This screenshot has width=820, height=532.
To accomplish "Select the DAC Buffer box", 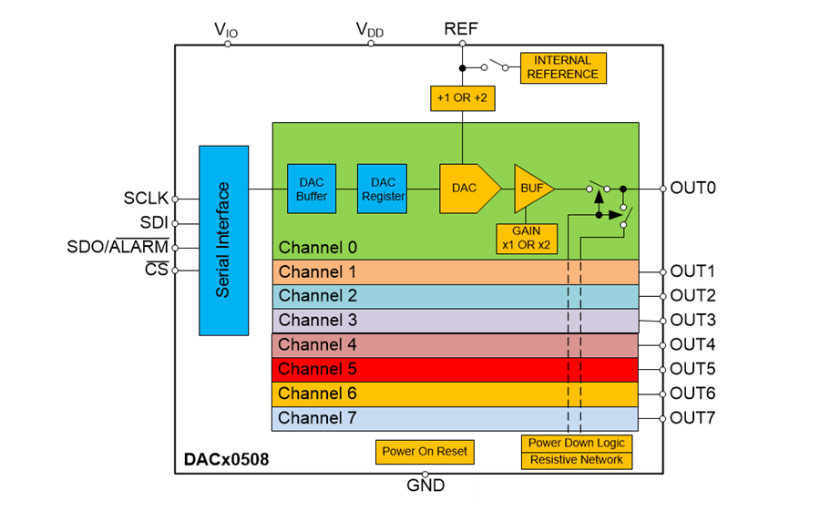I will [x=312, y=189].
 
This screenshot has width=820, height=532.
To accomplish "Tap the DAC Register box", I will [x=382, y=189].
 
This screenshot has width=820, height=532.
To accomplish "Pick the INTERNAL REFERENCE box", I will [x=562, y=67].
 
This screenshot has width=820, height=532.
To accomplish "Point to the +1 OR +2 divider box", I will [x=462, y=97].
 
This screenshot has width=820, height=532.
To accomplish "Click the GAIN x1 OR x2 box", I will [x=526, y=239].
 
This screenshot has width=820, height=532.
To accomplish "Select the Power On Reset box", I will [x=425, y=451].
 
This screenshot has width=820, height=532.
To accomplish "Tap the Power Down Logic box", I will [x=577, y=443].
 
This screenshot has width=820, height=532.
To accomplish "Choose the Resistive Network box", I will [x=577, y=460].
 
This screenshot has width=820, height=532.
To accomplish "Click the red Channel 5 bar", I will [x=455, y=369].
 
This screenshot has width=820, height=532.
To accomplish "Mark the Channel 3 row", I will [x=455, y=321].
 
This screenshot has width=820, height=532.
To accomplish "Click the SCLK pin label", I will [x=146, y=199].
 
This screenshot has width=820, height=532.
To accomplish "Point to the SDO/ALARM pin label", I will [x=118, y=247].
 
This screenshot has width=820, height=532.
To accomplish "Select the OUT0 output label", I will [x=693, y=189].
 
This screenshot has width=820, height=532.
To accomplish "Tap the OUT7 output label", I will [x=693, y=418].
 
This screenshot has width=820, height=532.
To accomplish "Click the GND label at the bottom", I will [x=425, y=486].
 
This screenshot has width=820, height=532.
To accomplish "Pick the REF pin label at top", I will [x=461, y=28].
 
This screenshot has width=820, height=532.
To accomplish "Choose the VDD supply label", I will [x=370, y=30].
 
